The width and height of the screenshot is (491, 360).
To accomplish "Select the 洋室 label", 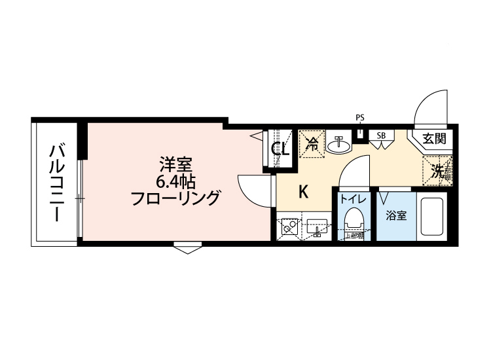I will click(174, 162).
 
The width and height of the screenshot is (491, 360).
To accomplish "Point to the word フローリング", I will click(174, 197).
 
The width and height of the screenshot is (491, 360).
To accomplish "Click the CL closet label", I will click(281, 149).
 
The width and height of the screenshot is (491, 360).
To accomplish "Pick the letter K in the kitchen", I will click(303, 192).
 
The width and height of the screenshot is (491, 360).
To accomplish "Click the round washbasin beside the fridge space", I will click(338, 145).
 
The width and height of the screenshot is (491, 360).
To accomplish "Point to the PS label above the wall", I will click(359, 118).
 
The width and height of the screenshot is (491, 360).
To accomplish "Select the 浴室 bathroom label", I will click(395, 214).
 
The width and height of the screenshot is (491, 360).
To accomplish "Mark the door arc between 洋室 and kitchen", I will click(253, 190).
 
